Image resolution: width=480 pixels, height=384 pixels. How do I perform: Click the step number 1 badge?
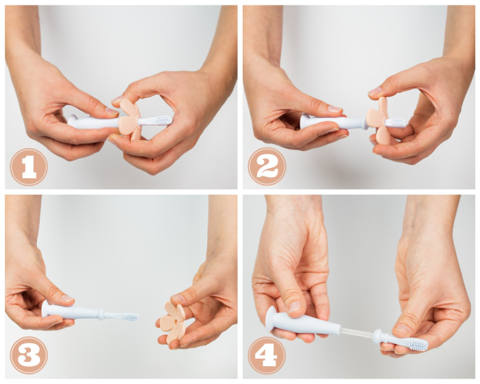[29, 167]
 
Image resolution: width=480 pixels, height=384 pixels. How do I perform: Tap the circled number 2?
[266, 167]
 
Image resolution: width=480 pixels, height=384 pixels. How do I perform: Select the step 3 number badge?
[29, 355]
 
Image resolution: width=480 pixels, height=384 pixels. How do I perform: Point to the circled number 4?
[266, 355]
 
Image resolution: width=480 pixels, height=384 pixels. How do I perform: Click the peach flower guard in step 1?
[128, 119]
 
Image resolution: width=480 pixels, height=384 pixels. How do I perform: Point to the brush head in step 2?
[397, 122]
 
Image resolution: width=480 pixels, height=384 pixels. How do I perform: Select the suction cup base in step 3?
[46, 309]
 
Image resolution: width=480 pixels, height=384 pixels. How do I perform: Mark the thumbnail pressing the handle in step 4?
[294, 308]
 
